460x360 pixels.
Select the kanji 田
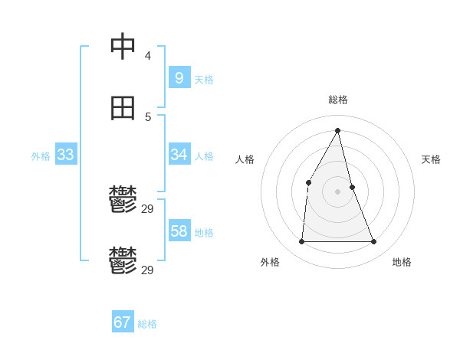[123, 108]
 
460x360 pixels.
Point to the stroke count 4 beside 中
[148, 55]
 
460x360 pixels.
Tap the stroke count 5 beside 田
[148, 116]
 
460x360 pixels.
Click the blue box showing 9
[179, 77]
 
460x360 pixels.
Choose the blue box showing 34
[179, 155]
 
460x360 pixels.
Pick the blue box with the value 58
[179, 231]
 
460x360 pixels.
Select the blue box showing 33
[65, 155]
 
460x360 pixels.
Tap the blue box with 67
[122, 322]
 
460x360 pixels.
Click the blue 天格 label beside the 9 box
[204, 80]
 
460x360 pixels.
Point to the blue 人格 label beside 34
[204, 156]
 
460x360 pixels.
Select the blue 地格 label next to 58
[204, 233]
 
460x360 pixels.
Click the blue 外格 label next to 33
[41, 156]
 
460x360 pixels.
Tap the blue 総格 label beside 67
[147, 324]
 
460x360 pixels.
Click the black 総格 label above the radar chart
[338, 100]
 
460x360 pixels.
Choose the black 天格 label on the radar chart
[431, 159]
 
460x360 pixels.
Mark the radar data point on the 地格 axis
[374, 242]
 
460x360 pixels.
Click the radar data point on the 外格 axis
[301, 242]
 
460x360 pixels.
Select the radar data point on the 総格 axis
[338, 130]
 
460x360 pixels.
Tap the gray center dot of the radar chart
[338, 191]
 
